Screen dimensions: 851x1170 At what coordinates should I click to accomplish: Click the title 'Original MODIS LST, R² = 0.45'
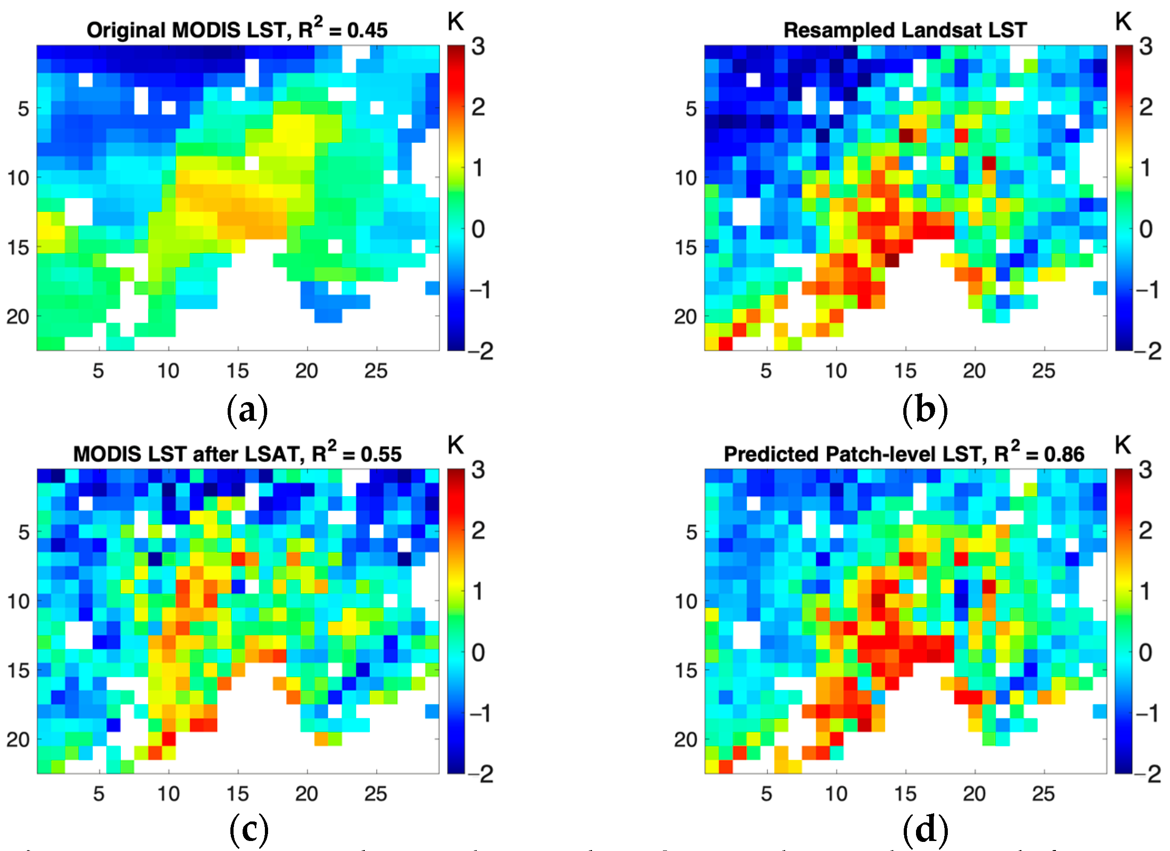[237, 30]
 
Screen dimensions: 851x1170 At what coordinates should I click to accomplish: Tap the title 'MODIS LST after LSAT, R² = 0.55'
[237, 453]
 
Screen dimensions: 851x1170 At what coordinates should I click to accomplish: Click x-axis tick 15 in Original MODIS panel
[237, 371]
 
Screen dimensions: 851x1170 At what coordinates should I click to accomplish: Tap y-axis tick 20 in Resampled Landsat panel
[685, 316]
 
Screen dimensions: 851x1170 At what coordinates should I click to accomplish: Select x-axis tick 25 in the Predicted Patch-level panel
[1043, 794]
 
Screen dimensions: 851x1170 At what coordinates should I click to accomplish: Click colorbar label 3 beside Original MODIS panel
[478, 47]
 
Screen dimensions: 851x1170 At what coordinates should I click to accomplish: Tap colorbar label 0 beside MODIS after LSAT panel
[478, 652]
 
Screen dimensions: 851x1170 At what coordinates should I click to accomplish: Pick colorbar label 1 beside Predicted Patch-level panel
[1145, 592]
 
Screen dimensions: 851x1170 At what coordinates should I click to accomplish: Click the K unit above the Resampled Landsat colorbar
[1123, 22]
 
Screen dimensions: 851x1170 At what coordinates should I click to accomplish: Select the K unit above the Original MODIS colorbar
[456, 22]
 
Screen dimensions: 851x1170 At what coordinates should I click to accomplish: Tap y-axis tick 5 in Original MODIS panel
[24, 109]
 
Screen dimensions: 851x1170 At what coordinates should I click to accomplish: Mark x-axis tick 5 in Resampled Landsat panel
[766, 371]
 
